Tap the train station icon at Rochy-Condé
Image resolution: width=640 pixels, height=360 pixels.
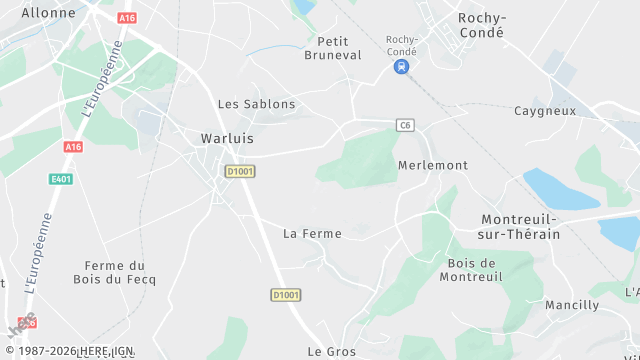tap(401, 66)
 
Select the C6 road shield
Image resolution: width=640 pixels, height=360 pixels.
tap(405, 125)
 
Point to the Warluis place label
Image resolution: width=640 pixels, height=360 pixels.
tap(227, 139)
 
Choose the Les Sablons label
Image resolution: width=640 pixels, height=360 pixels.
tap(257, 104)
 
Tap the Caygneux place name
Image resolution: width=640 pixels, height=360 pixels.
tap(545, 111)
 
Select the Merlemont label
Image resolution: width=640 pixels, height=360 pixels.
tap(432, 165)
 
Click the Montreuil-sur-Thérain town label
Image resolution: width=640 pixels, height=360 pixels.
tap(520, 226)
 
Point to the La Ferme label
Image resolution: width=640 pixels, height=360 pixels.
tap(312, 234)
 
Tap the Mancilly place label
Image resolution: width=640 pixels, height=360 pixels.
tap(572, 305)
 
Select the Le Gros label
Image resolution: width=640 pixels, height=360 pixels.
tap(332, 352)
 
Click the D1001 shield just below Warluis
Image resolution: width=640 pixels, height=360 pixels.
tap(240, 172)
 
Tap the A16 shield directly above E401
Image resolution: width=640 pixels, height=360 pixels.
tap(72, 147)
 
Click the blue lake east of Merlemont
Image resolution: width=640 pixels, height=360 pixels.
tap(561, 188)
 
